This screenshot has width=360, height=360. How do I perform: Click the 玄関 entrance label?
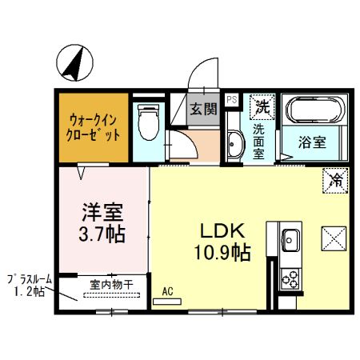(x=203, y=108)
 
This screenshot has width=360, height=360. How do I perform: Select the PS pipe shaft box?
(x=231, y=100)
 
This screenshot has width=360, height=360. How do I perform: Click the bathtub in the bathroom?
(x=315, y=110)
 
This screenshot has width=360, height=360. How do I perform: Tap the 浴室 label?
(x=313, y=144)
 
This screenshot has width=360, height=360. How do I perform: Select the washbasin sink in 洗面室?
(x=234, y=145)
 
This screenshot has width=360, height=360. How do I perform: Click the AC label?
(x=168, y=292)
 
